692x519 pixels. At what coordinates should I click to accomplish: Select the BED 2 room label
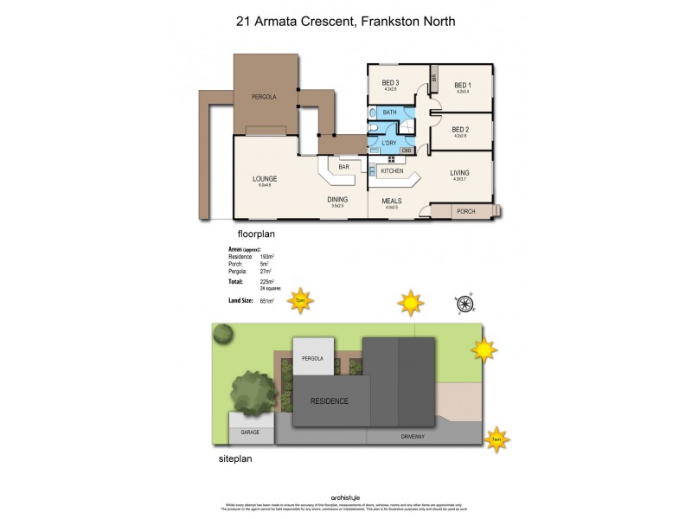461,130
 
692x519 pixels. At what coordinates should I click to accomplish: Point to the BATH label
389,112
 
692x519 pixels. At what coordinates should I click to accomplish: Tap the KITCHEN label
392,171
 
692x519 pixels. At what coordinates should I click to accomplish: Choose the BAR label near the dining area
343,166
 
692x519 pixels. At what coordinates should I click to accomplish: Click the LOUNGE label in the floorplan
265,179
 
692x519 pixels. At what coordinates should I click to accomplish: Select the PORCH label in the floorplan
466,211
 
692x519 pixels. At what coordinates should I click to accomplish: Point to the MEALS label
392,201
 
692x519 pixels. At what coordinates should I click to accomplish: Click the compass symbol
465,303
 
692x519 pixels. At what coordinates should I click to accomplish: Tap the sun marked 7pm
300,301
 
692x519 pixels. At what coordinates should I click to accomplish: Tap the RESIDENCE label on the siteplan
329,401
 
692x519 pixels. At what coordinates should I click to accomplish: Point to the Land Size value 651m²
266,300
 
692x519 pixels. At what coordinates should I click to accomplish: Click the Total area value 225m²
266,281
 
